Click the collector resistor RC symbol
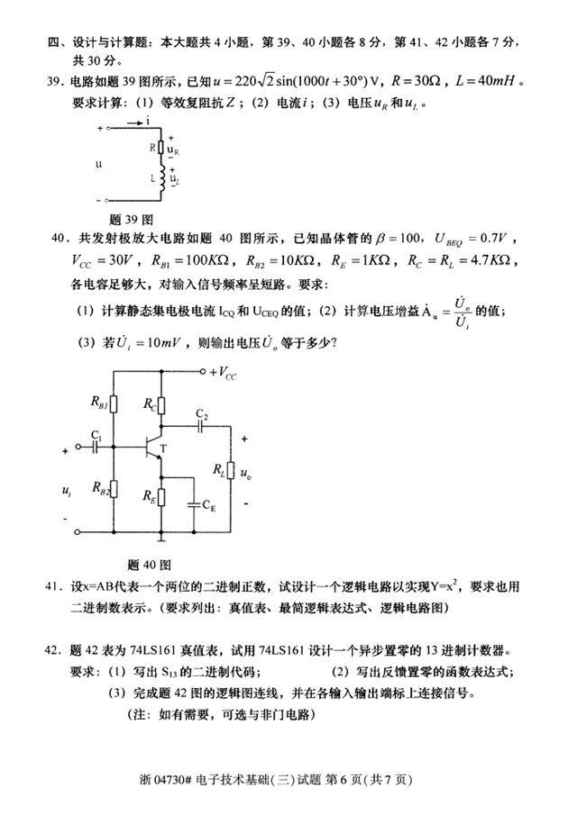point(160,406)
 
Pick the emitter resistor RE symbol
point(160,495)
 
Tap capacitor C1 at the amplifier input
point(96,447)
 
